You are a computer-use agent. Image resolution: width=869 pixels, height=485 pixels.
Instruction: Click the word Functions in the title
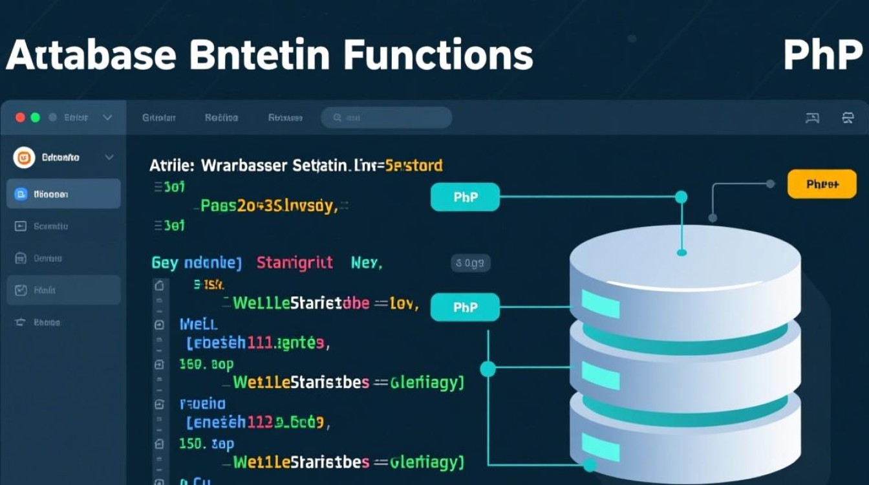(438, 56)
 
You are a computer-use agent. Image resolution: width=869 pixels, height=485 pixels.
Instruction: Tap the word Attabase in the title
(91, 56)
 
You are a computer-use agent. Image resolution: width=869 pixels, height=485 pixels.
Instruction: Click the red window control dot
(20, 118)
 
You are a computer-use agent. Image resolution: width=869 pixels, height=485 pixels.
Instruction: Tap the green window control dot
(36, 118)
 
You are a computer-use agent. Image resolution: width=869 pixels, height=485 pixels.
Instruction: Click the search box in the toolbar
(387, 118)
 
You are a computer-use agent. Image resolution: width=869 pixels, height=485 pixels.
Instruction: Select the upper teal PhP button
(465, 197)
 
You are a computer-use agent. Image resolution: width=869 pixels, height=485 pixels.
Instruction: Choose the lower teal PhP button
(465, 307)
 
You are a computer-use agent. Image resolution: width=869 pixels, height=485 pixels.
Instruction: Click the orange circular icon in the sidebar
(24, 157)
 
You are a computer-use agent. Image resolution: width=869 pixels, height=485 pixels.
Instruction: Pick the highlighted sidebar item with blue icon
(63, 194)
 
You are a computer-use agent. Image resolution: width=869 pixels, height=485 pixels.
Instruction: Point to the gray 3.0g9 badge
(470, 263)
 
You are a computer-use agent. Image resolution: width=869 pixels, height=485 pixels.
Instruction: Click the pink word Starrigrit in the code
(295, 263)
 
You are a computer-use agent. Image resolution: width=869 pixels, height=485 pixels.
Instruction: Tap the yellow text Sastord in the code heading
(414, 166)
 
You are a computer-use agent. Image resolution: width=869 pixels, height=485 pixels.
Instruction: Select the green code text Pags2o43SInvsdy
(268, 206)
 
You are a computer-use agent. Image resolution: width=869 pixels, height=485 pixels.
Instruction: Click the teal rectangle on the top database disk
(600, 304)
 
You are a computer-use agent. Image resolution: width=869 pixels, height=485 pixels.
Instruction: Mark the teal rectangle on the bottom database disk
(600, 447)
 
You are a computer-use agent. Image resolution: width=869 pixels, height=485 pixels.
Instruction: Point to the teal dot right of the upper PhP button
(681, 197)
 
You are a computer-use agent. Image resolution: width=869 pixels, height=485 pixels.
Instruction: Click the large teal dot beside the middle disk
(488, 369)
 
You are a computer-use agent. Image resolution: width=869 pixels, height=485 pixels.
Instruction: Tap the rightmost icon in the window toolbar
(848, 118)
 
